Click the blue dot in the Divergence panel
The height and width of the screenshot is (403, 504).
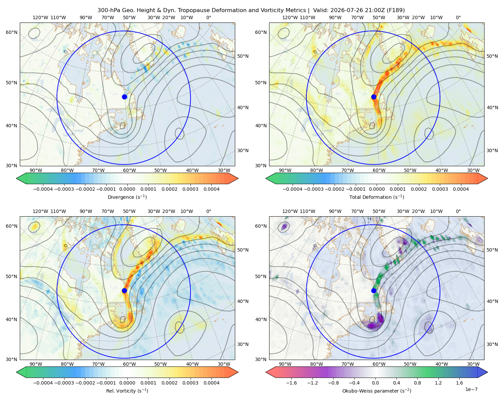tap(124, 97)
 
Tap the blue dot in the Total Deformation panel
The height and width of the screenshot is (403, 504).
tap(374, 97)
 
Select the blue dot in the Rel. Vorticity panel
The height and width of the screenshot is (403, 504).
tap(124, 290)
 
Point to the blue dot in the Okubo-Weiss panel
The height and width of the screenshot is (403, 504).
tap(374, 290)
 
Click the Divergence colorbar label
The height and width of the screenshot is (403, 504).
tap(127, 197)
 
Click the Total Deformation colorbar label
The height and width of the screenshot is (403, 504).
tap(377, 197)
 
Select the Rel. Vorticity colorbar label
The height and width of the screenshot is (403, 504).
tap(127, 391)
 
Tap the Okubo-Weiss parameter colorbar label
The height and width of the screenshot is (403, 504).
tap(377, 391)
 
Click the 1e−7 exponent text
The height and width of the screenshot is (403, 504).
tap(471, 389)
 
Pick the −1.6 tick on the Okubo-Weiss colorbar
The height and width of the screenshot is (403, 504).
tap(291, 383)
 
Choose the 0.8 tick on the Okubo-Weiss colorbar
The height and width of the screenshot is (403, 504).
tap(417, 383)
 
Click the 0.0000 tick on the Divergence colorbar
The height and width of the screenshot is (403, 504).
tap(127, 189)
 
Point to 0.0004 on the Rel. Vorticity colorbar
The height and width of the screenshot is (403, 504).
tap(211, 383)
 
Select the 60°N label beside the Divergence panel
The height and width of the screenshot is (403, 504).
tap(11, 32)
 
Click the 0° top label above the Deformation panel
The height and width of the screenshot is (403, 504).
tap(458, 17)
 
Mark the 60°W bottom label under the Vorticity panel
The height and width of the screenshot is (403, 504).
tap(129, 364)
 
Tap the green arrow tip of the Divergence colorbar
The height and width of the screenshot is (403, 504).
tap(16, 178)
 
